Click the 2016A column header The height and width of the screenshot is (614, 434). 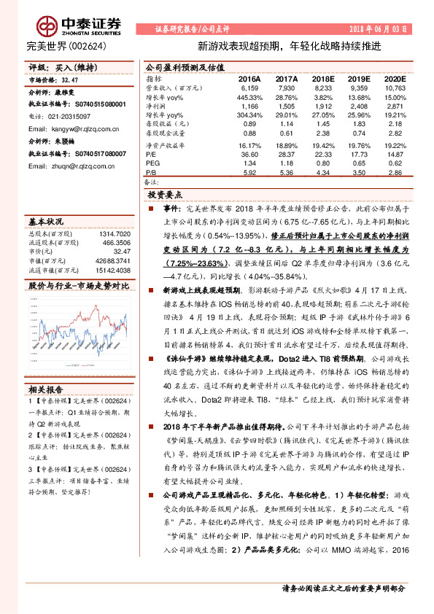pyautogui.click(x=249, y=77)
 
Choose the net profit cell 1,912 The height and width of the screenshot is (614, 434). pyautogui.click(x=321, y=106)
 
